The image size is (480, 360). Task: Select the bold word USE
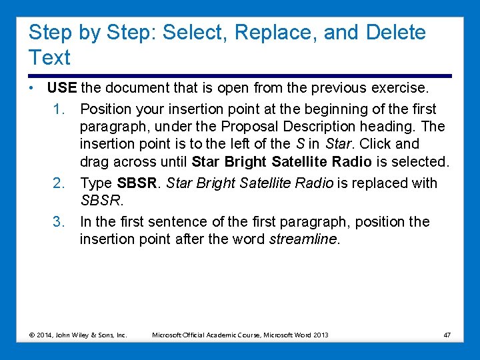coord(63,88)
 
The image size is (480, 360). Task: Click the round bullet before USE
coord(31,88)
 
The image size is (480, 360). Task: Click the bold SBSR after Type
coord(135,183)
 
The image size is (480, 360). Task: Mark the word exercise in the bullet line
coord(402,88)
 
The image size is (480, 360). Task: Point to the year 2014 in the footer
coord(47,335)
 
